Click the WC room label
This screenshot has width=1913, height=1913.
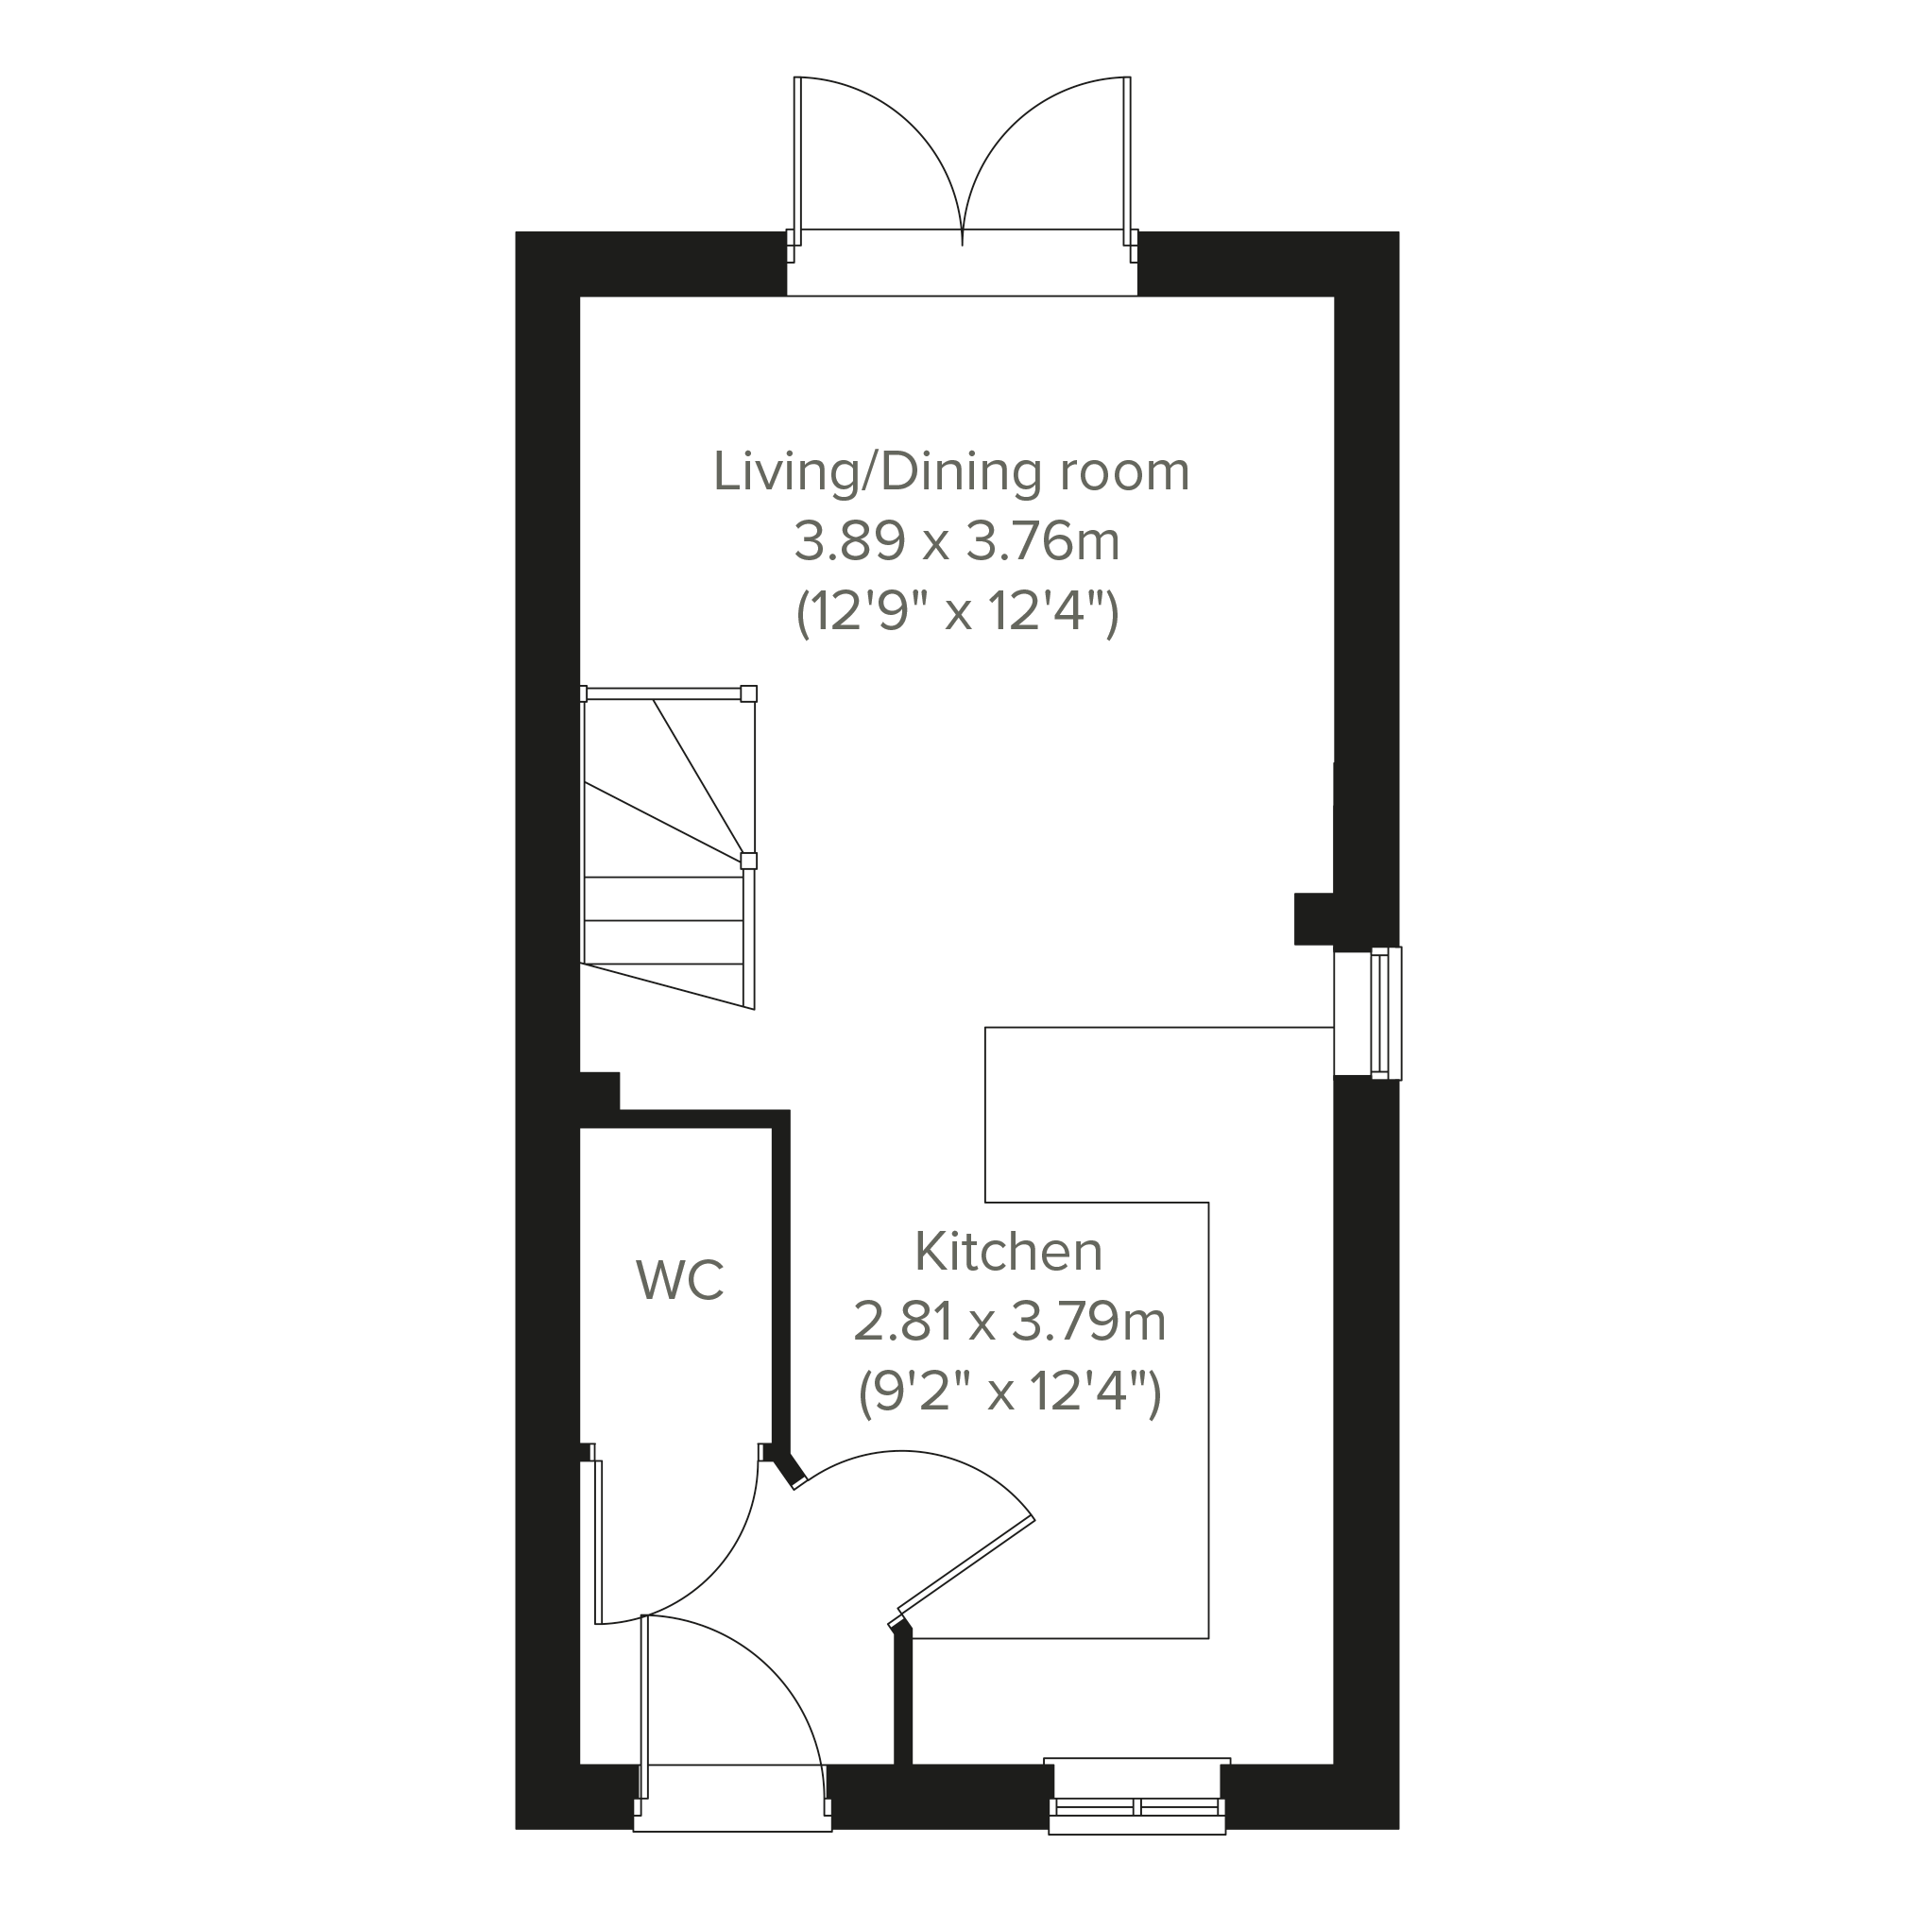coord(680,1280)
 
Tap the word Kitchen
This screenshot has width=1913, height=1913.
coord(1008,1252)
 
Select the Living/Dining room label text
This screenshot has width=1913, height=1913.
coord(951,471)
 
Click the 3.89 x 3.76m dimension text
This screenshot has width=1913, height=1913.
coord(956,541)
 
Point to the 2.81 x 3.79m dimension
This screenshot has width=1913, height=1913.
coord(1009,1322)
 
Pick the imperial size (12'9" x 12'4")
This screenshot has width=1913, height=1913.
coord(958,614)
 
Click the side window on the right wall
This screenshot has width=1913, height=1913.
coord(1385,1013)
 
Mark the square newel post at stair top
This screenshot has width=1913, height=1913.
coord(748,693)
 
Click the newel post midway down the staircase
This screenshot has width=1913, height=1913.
coord(748,861)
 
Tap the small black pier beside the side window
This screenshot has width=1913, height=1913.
coord(1314,919)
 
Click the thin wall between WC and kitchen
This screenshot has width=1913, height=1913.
coord(781,1289)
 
